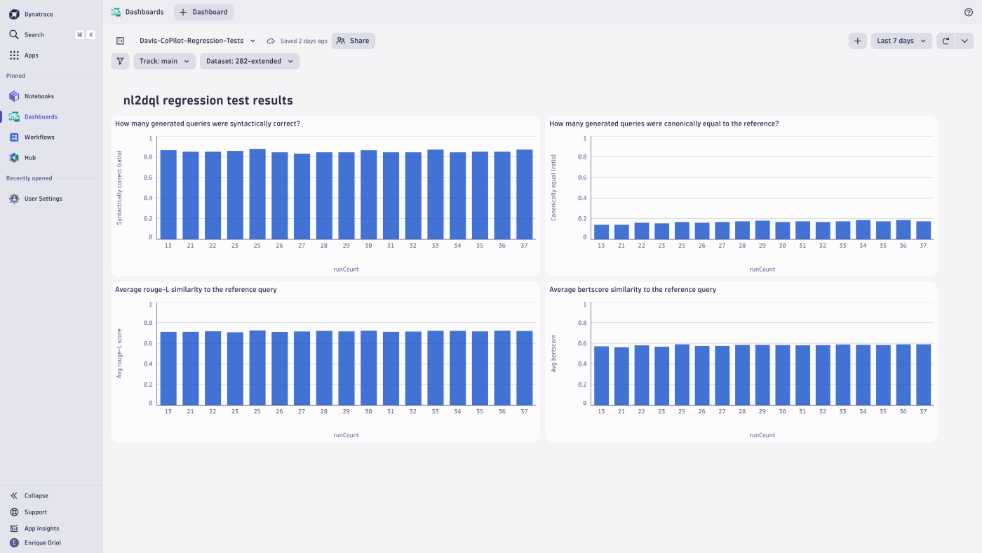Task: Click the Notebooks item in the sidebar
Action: click(39, 96)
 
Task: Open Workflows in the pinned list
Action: click(39, 138)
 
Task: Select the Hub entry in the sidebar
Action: click(29, 158)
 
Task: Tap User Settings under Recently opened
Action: click(43, 199)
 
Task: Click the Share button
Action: click(353, 41)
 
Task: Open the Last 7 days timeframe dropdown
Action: click(901, 41)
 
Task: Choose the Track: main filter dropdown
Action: click(164, 61)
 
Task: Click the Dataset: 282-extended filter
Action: click(249, 61)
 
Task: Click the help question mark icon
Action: click(969, 12)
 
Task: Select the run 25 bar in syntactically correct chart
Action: click(257, 194)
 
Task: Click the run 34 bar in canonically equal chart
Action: click(863, 230)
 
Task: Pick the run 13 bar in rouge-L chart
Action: click(168, 368)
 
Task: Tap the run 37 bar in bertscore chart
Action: click(923, 375)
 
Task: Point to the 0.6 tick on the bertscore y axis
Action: click(581, 343)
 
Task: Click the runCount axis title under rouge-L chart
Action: click(346, 435)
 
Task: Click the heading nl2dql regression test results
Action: click(208, 100)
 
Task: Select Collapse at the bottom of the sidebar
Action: click(36, 495)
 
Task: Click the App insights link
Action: click(41, 528)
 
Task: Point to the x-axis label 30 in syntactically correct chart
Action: click(368, 246)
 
